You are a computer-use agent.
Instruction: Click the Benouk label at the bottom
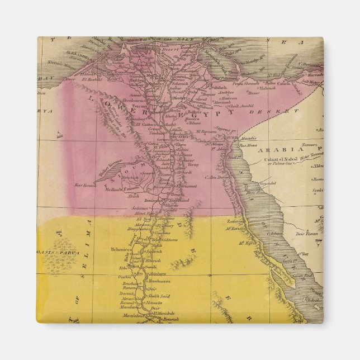tap(168, 319)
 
